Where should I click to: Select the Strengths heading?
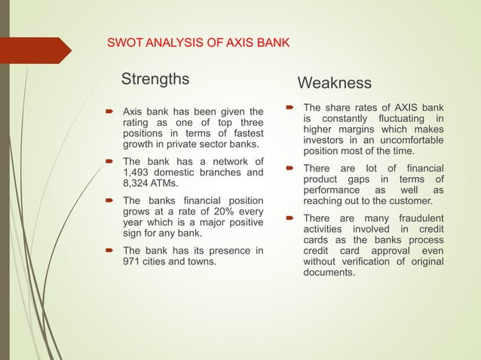click(x=156, y=79)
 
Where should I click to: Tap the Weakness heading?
click(x=334, y=82)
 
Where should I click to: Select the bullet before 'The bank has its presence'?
click(x=109, y=251)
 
